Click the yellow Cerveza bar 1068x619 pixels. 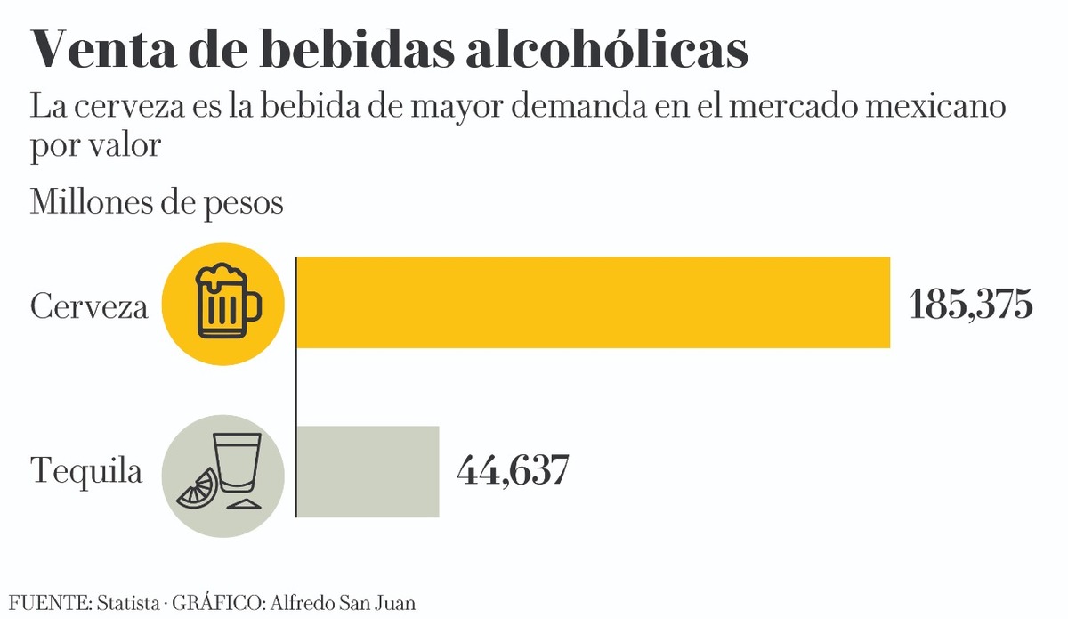[x=593, y=302]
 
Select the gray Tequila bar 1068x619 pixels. [x=368, y=471]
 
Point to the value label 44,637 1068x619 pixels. [x=513, y=471]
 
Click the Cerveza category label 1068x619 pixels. [x=88, y=308]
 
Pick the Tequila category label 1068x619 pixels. [x=86, y=471]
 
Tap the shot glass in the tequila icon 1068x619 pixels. [x=239, y=464]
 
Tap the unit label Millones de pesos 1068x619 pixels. [x=157, y=202]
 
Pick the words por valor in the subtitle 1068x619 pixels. [x=95, y=145]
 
